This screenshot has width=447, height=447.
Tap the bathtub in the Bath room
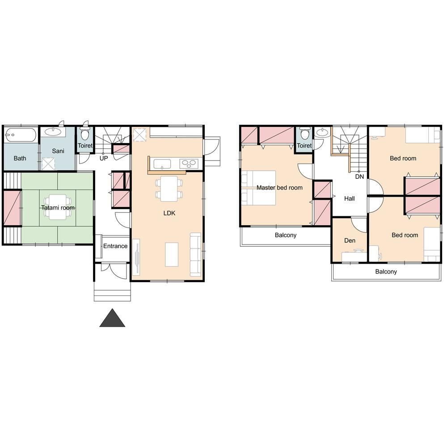[x=21, y=135]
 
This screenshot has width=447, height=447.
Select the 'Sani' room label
[x=58, y=151]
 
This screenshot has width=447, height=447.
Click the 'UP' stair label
[x=104, y=158]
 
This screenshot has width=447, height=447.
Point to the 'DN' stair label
[x=359, y=177]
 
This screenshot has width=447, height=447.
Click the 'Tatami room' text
[x=58, y=208]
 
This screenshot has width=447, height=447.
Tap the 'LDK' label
[x=169, y=213]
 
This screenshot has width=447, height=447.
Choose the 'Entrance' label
[x=115, y=246]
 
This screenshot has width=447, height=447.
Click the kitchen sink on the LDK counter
[x=162, y=164]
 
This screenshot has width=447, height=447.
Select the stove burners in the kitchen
[x=189, y=164]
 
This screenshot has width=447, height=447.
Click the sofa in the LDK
[x=196, y=255]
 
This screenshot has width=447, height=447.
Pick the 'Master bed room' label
[x=279, y=188]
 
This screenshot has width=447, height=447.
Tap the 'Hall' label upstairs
[x=350, y=199]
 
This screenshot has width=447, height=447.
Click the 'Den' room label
[x=350, y=240]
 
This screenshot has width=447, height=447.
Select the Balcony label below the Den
[x=386, y=272]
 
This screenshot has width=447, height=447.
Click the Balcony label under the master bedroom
[x=286, y=235]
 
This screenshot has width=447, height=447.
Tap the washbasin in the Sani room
[x=53, y=132]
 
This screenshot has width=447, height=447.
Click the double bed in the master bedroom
[x=259, y=188]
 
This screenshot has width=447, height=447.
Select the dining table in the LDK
[x=169, y=189]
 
